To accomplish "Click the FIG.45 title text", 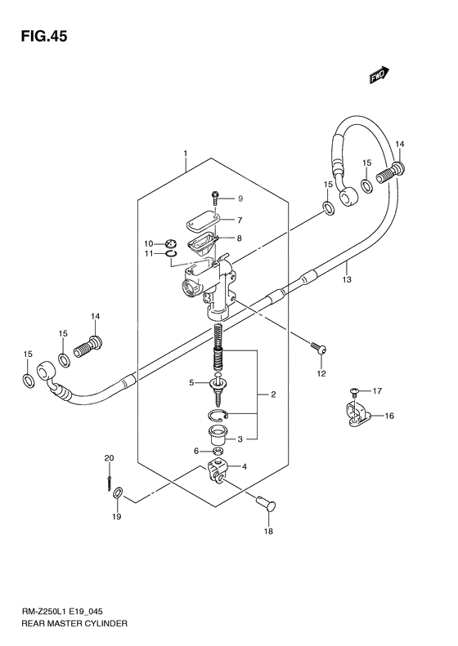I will coord(39,37).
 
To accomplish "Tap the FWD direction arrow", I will coord(379,76).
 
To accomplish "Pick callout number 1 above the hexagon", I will coord(186,153).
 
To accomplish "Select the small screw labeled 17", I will coord(353,392).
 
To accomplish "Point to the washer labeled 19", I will coord(119,492).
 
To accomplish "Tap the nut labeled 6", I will coord(218,450).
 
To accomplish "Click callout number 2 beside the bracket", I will coord(273,395).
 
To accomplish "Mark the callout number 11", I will coord(149,254).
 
